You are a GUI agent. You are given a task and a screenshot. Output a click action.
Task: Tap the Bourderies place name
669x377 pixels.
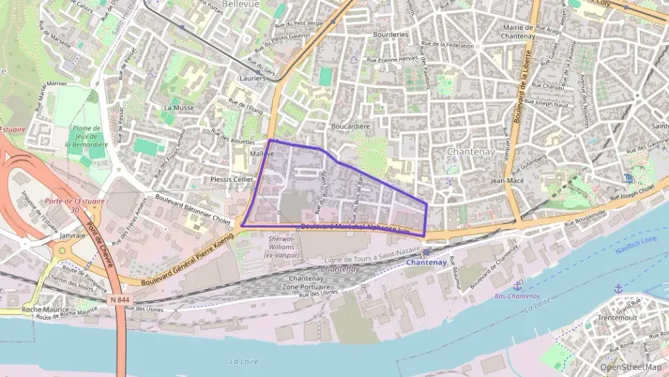tap(390, 34)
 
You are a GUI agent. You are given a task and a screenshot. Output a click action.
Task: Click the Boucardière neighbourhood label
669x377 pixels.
tap(350, 127)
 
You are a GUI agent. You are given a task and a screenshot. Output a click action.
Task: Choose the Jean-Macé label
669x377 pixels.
tap(508, 181)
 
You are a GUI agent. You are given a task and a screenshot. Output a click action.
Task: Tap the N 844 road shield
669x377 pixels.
tap(119, 300)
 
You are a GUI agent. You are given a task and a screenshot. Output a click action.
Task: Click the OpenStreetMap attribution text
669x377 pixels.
tap(630, 367)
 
